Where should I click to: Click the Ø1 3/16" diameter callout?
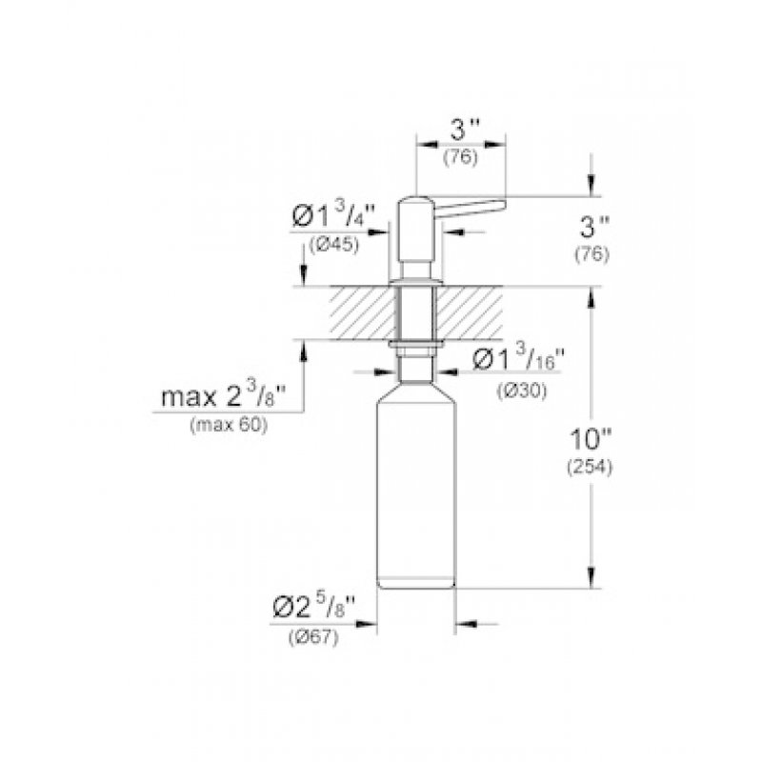click(x=518, y=360)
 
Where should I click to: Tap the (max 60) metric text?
click(x=230, y=425)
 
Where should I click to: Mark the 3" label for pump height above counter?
click(x=594, y=230)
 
